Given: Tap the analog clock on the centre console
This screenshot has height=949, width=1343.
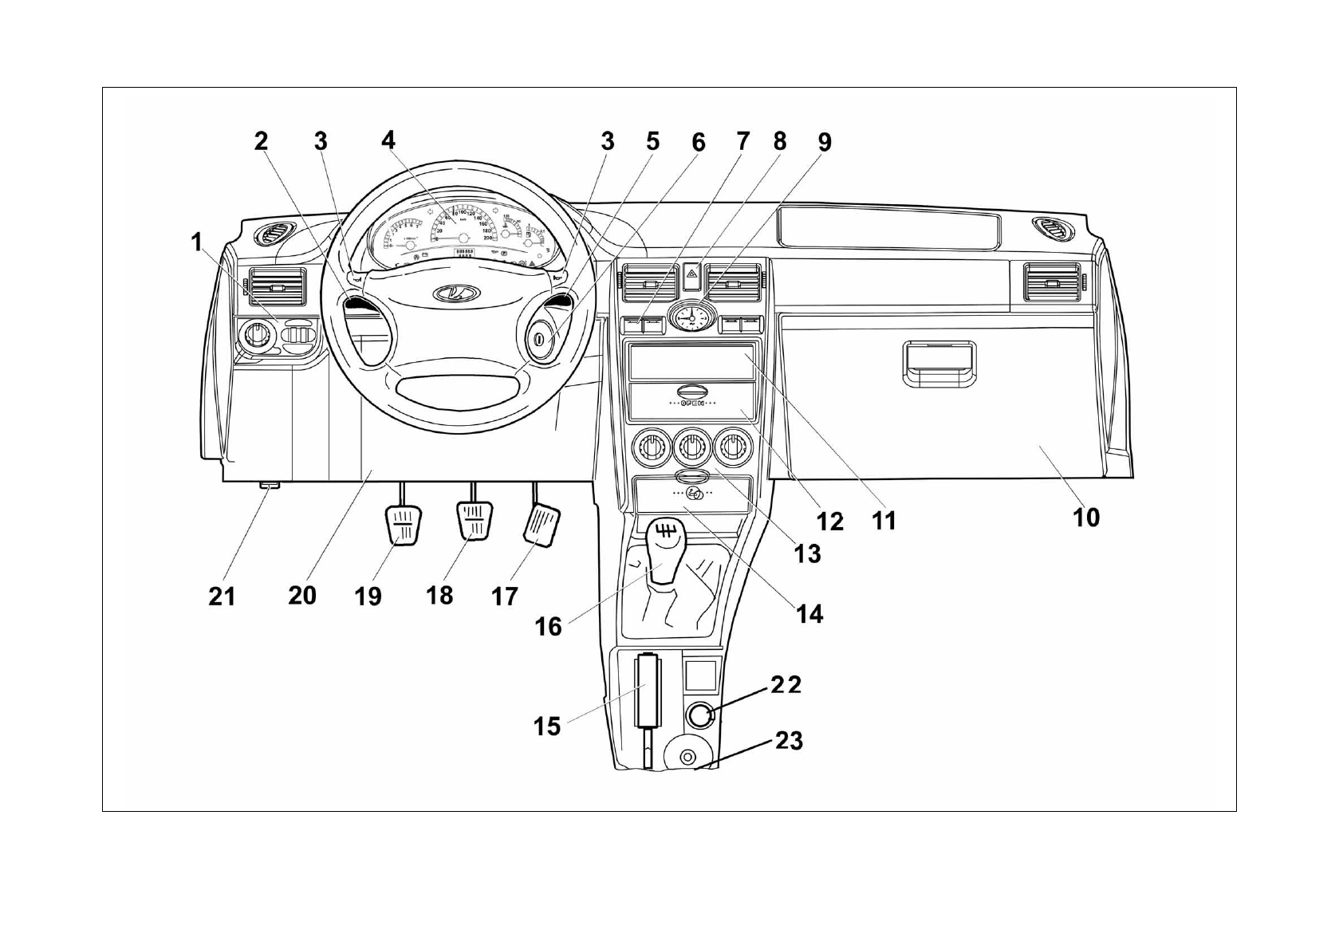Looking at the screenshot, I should (691, 317).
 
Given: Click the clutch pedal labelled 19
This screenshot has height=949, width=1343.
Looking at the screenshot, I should (404, 526).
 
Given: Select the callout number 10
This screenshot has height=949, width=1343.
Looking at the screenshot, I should (1085, 518).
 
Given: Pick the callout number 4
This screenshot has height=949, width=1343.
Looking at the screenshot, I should (388, 140).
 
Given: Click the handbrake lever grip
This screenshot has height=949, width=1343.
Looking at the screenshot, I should (648, 690).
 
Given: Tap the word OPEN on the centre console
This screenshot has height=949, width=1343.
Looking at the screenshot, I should (691, 404).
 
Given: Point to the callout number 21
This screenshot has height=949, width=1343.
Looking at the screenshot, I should (222, 596).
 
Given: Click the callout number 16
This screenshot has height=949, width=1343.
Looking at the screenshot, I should (548, 626).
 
